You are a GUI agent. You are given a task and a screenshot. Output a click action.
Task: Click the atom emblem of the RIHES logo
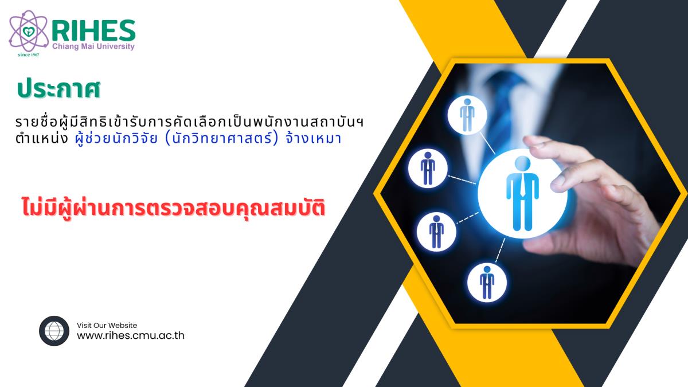tap(28, 32)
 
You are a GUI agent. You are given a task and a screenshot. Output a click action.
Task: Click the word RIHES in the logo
tap(93, 31)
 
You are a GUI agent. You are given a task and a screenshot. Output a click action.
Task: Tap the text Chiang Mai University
tap(93, 46)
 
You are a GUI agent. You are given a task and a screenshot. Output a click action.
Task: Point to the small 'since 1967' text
tap(29, 54)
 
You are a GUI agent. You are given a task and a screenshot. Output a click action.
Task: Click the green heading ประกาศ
tap(58, 89)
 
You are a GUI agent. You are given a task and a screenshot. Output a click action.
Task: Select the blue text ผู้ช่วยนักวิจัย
tap(116, 139)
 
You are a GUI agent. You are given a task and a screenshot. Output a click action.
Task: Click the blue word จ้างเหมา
tap(313, 138)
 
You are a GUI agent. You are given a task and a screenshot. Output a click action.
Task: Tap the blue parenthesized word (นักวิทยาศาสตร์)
tap(221, 138)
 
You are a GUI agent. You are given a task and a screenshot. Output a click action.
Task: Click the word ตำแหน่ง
tap(42, 138)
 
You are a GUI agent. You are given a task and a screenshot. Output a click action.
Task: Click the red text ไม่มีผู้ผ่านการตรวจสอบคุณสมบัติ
tap(173, 208)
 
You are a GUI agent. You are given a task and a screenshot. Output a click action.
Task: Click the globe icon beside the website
tap(54, 331)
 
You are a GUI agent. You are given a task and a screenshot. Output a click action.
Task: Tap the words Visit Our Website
tap(107, 325)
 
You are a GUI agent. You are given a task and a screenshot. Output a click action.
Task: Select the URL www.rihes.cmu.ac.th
tap(131, 335)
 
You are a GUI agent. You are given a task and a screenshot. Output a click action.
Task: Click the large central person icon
tap(522, 193)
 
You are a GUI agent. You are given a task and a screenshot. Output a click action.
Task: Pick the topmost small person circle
tap(467, 115)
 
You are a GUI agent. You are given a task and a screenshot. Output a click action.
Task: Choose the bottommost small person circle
tap(487, 282)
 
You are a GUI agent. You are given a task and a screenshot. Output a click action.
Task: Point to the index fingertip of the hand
tap(529, 140)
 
